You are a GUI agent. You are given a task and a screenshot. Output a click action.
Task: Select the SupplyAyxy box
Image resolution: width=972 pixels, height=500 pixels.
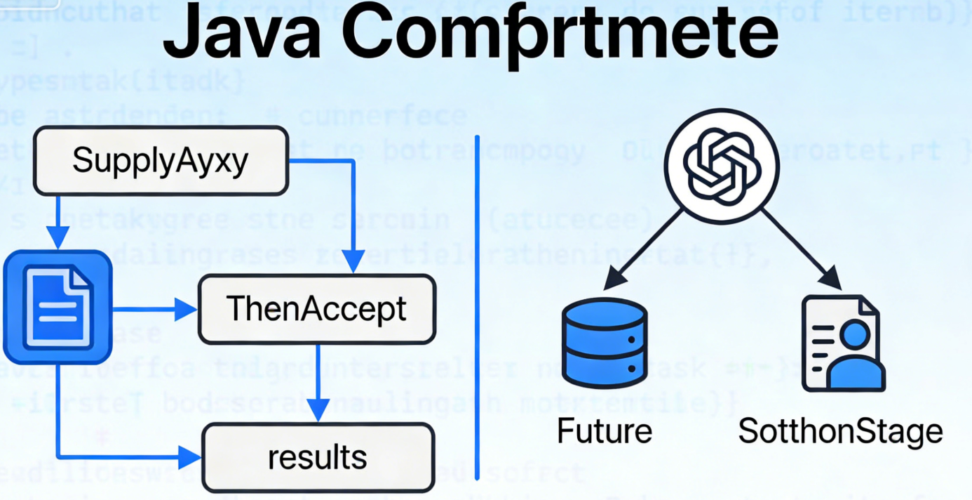point(161,160)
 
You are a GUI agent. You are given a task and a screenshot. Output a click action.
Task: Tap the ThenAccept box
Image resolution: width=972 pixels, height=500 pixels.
point(317,309)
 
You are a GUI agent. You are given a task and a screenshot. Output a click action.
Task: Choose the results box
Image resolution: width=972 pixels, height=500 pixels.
point(318,458)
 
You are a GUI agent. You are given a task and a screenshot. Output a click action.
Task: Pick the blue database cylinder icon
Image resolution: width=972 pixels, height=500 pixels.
point(605,342)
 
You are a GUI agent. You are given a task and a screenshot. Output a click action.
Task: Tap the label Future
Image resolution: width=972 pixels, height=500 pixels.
point(605,430)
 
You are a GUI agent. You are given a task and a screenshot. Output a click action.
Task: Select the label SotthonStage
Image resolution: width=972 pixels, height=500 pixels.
point(840,430)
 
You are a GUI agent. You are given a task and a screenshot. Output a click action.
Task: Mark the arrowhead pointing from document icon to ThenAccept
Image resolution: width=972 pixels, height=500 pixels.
point(186,308)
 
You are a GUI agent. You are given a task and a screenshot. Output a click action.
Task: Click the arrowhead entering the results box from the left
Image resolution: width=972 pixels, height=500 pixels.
point(190,458)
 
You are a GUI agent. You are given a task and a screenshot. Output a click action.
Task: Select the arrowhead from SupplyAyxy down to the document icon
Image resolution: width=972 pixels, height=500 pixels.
point(58,239)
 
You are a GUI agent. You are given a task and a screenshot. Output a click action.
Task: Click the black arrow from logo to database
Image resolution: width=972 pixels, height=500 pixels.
point(645,246)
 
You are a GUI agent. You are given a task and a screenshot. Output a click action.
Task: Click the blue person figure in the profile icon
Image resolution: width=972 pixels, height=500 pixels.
point(854,355)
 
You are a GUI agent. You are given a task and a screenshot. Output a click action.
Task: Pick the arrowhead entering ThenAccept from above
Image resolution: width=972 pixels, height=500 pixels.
point(355,263)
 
